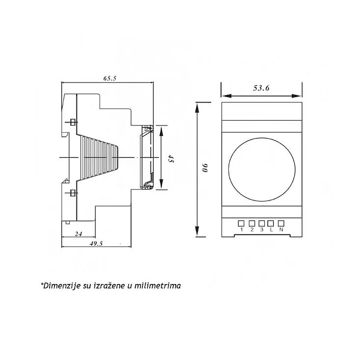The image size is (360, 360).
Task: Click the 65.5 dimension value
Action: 110,78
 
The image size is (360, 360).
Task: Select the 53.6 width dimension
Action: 261,88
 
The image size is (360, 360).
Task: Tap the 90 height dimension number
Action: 205,168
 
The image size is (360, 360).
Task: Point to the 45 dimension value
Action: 170,158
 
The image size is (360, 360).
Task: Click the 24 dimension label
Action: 79,234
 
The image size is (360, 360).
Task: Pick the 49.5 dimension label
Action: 96,243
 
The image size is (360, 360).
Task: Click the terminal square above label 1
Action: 241,223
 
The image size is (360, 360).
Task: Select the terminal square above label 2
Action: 252,223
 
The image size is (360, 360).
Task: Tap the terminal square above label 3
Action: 262,223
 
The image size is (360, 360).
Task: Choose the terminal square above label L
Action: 271,223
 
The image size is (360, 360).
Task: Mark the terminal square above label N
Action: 281,223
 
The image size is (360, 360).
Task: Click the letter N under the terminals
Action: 281,230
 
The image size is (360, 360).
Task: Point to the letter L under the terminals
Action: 271,230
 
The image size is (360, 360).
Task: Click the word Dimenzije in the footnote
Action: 62,285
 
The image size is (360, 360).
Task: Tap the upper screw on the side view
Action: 73,122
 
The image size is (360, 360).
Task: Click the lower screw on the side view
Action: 73,193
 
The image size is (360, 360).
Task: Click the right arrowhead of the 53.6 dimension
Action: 297,96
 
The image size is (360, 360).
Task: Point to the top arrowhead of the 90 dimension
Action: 197,107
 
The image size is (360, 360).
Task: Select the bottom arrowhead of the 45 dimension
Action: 161,184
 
